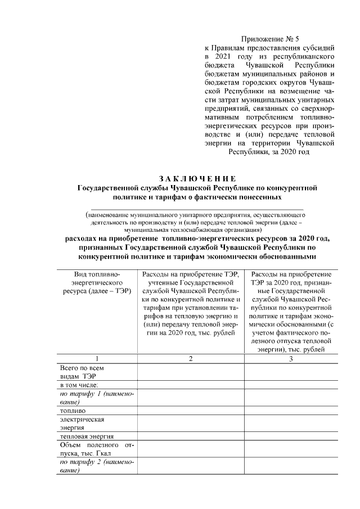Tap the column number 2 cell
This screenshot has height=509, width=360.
pos(190,358)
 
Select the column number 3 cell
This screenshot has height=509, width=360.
pos(291,358)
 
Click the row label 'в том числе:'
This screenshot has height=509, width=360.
pos(79,385)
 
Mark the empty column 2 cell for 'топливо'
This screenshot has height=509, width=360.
pos(190,411)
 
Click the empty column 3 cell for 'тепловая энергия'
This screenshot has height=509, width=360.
pos(291,436)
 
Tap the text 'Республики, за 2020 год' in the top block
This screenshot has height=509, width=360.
pos(268,152)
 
